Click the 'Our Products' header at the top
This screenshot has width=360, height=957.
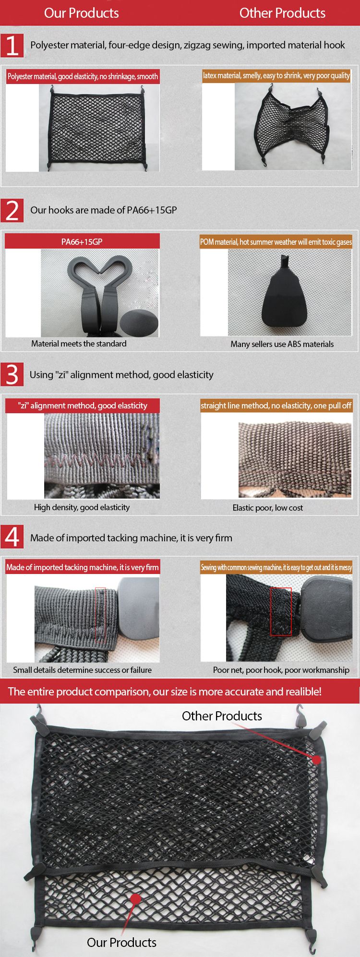[x=82, y=13]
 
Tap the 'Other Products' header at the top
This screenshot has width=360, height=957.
[x=282, y=13]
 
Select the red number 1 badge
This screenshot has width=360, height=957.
[x=12, y=46]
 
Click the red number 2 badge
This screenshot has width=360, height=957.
[x=12, y=210]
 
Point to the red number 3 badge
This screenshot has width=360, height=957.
[x=12, y=374]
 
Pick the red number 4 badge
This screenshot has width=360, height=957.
[x=12, y=537]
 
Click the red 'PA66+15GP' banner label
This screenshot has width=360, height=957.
[x=82, y=241]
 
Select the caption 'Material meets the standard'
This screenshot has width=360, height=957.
[x=79, y=344]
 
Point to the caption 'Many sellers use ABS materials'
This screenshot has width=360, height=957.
[x=282, y=344]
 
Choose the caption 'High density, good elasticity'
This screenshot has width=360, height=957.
[x=82, y=507]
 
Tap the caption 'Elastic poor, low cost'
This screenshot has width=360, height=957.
[x=267, y=508]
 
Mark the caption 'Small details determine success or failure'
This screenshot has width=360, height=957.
[x=82, y=670]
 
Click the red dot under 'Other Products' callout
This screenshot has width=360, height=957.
[x=317, y=759]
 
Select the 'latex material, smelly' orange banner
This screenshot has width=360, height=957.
[x=276, y=75]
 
